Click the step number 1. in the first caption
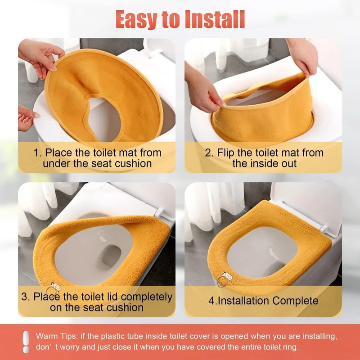(x=38, y=153)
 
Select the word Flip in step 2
(x=226, y=153)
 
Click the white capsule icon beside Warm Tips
(x=26, y=342)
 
